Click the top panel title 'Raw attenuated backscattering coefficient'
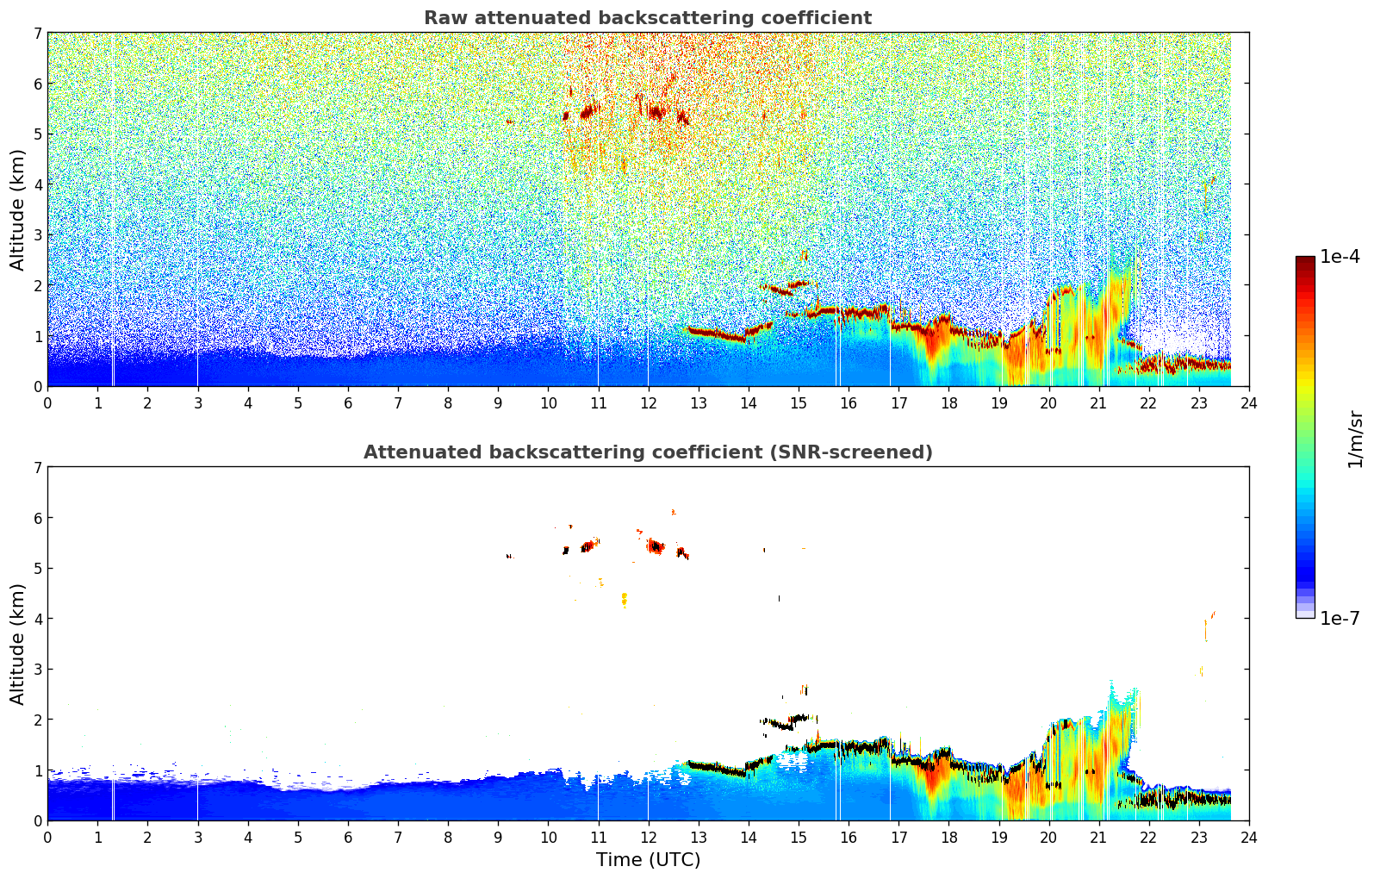click(647, 18)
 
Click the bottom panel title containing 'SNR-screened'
click(647, 452)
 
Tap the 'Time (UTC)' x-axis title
click(648, 859)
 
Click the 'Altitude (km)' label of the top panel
click(18, 209)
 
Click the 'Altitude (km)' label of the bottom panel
click(18, 644)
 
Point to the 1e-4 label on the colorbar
click(1340, 257)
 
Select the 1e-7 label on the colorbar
click(1340, 618)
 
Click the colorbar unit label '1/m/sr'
click(1355, 439)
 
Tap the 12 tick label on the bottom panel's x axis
click(648, 837)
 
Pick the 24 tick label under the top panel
click(1248, 402)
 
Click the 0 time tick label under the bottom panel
click(47, 837)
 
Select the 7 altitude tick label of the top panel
click(38, 33)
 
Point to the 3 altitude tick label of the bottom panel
click(38, 669)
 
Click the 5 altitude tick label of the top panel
click(38, 134)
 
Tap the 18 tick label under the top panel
click(948, 402)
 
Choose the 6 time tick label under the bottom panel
click(348, 837)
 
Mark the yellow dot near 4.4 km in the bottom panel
click(624, 598)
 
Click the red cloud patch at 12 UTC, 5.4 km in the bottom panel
click(656, 545)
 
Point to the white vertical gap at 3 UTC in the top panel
click(197, 259)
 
